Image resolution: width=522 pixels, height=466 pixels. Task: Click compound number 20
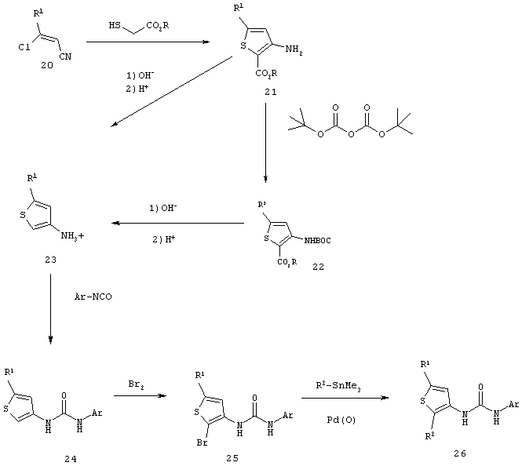pos(47,66)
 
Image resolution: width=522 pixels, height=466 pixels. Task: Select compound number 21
pos(270,92)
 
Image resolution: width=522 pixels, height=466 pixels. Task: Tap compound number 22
pos(318,267)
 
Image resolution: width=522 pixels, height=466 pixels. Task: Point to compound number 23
pos(50,260)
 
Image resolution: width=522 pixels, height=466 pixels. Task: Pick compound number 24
pos(71,460)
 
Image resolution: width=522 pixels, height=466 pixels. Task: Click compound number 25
pos(232,458)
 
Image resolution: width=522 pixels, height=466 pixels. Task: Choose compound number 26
pos(460,453)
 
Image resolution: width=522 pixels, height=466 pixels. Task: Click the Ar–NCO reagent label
pos(93,297)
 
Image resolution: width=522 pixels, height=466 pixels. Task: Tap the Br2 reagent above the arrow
pos(136,385)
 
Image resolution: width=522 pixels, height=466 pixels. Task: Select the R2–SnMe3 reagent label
pos(338,387)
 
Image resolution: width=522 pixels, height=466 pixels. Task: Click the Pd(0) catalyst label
pos(341,420)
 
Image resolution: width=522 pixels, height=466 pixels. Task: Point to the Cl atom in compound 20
pos(24,48)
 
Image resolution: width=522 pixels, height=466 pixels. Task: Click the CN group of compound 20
pos(65,56)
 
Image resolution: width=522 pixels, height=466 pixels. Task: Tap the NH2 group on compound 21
pos(294,50)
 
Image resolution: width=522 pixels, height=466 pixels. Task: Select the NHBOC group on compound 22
pos(318,240)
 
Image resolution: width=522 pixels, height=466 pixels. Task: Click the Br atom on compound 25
pos(203,442)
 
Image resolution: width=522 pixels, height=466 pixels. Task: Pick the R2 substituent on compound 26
pos(430,436)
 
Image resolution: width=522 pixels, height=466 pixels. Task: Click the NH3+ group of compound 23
pos(72,236)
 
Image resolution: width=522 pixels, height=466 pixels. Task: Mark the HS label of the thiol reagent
pos(115,25)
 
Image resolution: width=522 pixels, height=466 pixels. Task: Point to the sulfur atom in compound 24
pos(6,409)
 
